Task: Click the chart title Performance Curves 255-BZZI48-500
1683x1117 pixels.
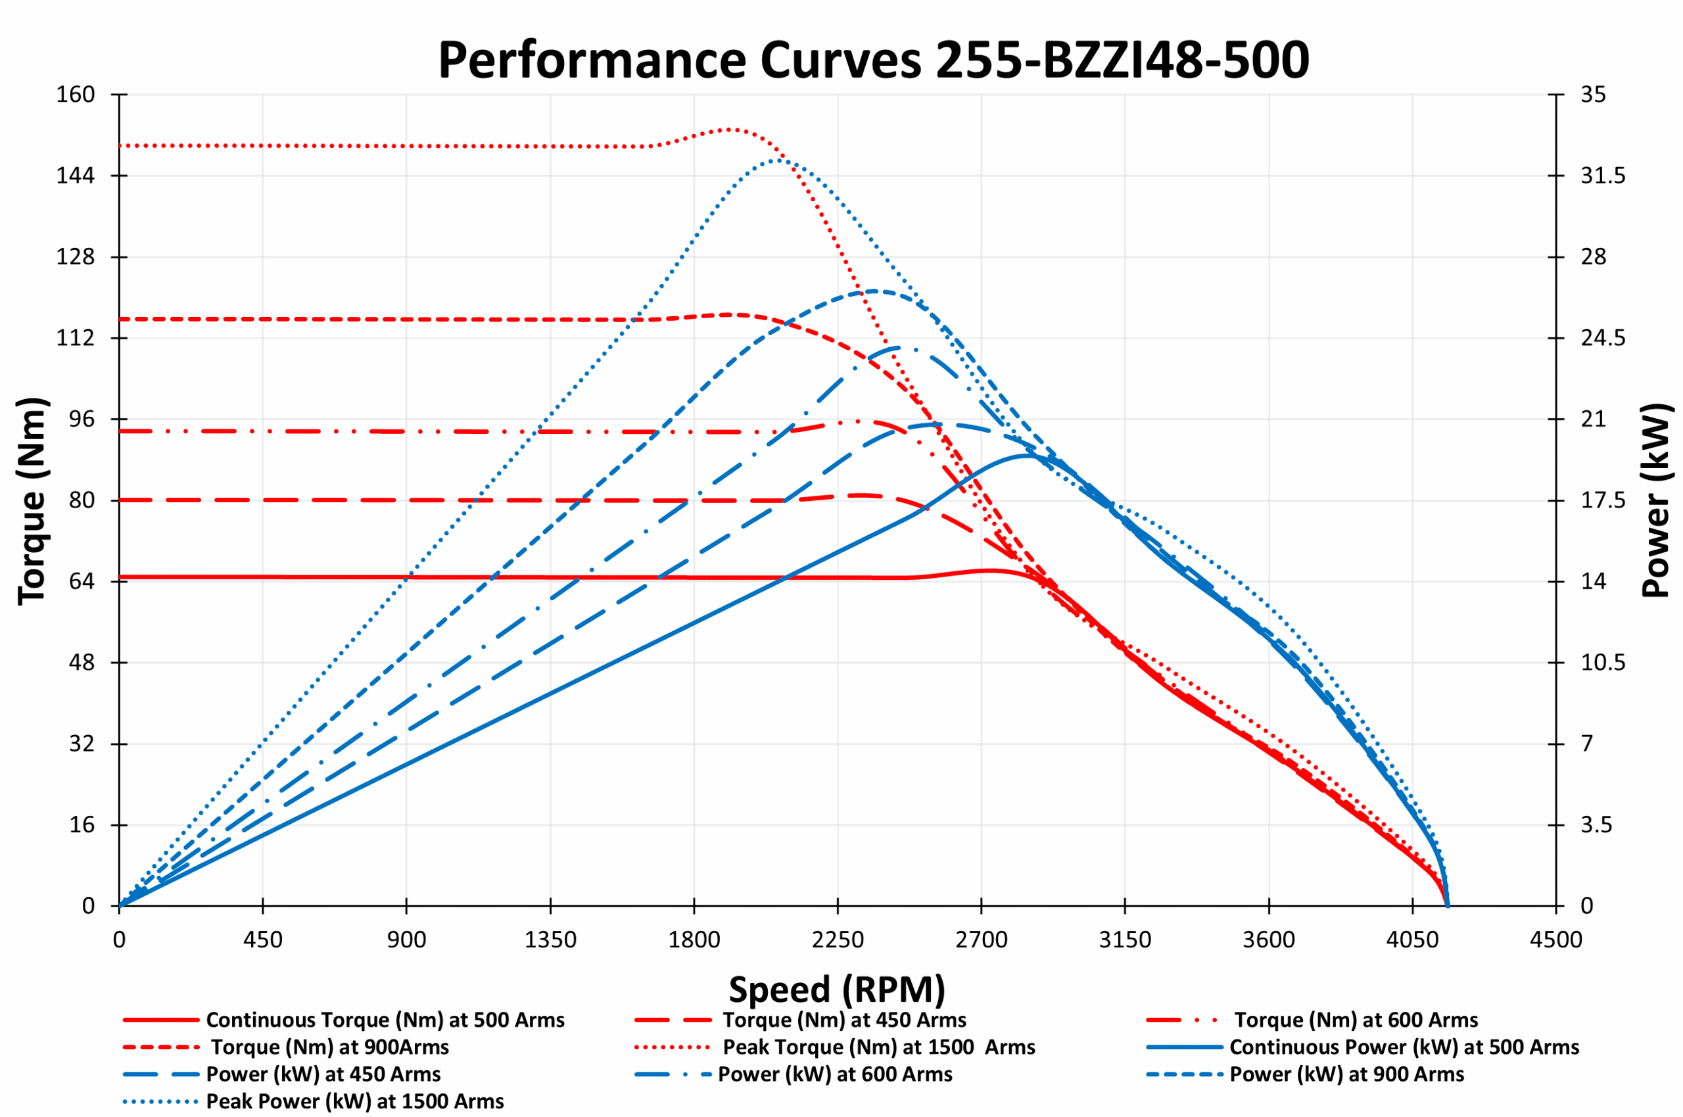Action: (873, 60)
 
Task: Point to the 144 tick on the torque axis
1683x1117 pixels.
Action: (76, 176)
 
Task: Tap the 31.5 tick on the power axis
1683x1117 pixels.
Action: (1603, 176)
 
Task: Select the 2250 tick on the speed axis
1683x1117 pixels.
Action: (838, 940)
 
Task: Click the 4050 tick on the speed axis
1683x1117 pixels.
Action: (1412, 940)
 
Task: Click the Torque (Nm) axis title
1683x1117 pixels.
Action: (32, 501)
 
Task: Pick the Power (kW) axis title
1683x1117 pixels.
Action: (1656, 501)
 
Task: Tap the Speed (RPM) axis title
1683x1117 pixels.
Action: (837, 990)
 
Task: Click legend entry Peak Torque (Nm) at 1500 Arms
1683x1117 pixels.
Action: (878, 1047)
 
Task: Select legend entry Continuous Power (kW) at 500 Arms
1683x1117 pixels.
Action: (1404, 1047)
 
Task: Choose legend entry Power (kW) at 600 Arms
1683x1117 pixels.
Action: (835, 1074)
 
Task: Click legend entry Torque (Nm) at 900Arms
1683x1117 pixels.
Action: (330, 1047)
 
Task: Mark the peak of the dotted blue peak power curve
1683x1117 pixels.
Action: (776, 160)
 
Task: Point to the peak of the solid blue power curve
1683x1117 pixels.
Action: (1026, 455)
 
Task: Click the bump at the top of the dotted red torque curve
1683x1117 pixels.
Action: (732, 130)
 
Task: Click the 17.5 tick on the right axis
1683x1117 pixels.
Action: (1603, 500)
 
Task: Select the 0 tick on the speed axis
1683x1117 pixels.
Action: (119, 940)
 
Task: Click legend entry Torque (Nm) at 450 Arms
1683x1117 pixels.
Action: (844, 1020)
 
